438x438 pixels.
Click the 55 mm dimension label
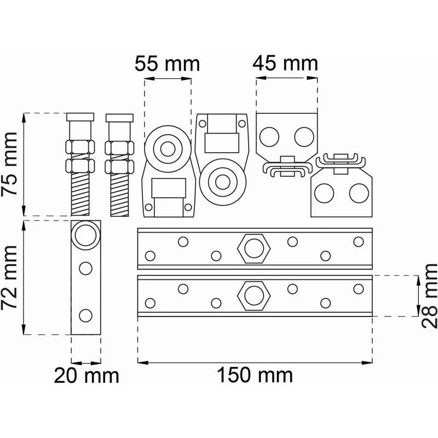[168, 64]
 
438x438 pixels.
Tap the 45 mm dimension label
[285, 64]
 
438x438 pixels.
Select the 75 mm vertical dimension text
[9, 164]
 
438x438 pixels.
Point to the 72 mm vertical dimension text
[9, 278]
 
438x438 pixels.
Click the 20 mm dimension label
[87, 376]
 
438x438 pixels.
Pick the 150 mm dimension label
[255, 375]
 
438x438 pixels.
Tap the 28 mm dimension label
[429, 296]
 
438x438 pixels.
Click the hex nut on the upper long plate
[254, 249]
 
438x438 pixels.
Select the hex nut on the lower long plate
[254, 296]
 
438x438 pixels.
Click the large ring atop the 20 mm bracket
[85, 235]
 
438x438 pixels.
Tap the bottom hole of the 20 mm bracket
[85, 316]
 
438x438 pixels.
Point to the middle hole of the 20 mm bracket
[85, 268]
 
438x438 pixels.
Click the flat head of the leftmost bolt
[80, 117]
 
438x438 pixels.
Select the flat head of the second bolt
[119, 118]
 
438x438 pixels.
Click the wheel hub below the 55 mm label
[168, 149]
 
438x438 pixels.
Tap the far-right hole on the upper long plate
[359, 241]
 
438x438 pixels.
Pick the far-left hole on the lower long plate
[150, 303]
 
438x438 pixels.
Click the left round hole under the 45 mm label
[269, 137]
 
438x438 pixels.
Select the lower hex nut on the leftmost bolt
[80, 166]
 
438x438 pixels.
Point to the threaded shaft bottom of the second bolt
[119, 195]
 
